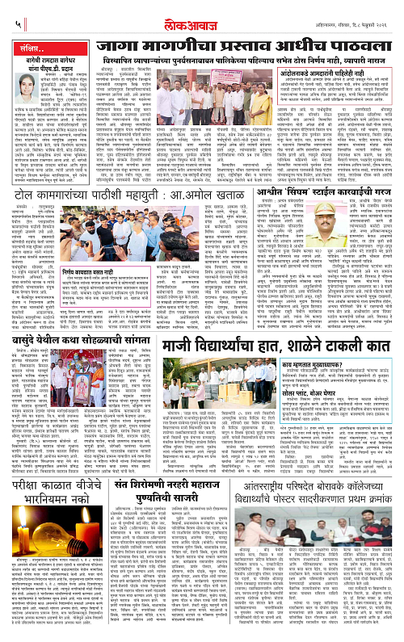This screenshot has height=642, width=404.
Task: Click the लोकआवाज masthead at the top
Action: (201, 12)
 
